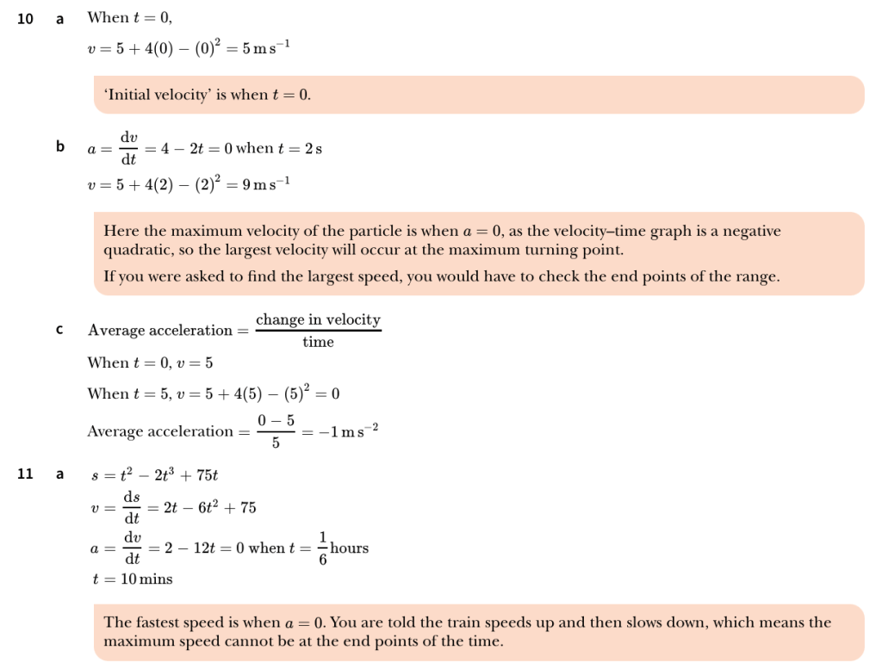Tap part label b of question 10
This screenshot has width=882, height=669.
point(60,147)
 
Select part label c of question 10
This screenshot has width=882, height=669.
point(59,330)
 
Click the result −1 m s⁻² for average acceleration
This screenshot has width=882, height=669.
point(345,431)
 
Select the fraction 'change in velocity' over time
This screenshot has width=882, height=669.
point(318,331)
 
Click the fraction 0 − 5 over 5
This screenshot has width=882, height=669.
point(275,431)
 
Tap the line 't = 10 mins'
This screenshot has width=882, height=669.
point(132,579)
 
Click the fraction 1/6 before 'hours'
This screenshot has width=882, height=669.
point(323,548)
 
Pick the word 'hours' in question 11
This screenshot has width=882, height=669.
point(350,548)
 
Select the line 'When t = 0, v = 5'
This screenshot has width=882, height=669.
point(150,363)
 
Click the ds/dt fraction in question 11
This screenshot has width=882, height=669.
point(132,507)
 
